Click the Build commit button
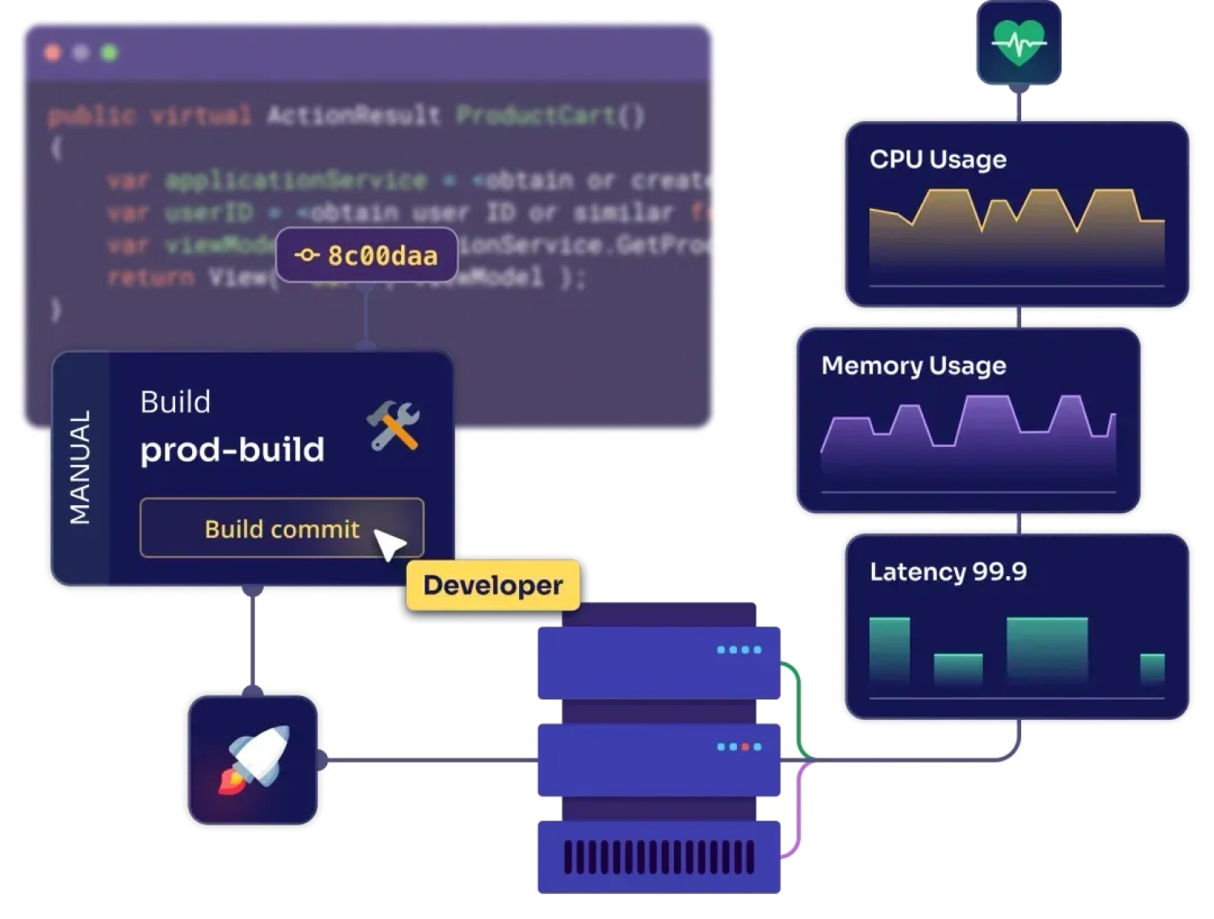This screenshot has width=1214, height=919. click(x=281, y=528)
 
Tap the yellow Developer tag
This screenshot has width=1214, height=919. click(x=492, y=585)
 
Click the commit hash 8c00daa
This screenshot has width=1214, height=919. click(x=367, y=256)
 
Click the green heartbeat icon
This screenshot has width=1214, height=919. click(x=1019, y=43)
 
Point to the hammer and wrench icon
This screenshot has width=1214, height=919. click(x=394, y=425)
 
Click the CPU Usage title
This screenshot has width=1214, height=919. click(x=938, y=159)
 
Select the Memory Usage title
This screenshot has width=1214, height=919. click(x=914, y=366)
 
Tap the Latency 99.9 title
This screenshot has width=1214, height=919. click(x=948, y=572)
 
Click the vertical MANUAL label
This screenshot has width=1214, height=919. click(x=80, y=468)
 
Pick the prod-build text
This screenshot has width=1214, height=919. click(x=232, y=449)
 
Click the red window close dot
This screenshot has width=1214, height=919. click(x=52, y=53)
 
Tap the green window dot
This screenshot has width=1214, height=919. click(x=109, y=53)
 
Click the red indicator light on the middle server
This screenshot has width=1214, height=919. click(x=745, y=747)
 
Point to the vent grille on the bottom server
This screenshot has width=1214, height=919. click(x=659, y=858)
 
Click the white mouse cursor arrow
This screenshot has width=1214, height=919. click(x=389, y=545)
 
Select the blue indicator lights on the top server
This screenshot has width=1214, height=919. click(x=739, y=650)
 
